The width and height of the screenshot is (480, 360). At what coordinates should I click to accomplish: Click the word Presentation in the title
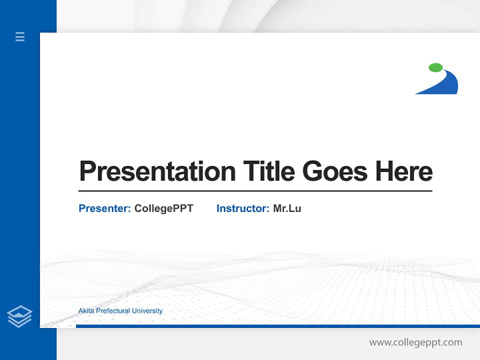coord(157,171)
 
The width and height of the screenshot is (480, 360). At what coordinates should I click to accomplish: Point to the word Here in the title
coord(404,171)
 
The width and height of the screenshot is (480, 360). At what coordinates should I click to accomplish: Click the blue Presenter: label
coord(104,208)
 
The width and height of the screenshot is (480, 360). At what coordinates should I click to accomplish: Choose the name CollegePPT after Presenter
coord(163,208)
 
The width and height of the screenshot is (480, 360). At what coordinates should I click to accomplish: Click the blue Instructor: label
coord(242,208)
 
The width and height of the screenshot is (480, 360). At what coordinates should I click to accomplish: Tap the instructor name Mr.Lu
coord(287,208)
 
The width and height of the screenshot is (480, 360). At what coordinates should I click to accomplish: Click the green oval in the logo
coord(435,67)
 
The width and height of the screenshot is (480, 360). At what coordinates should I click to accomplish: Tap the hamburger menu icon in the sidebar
coord(20,36)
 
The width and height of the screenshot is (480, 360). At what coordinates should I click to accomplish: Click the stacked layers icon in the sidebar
coord(19,316)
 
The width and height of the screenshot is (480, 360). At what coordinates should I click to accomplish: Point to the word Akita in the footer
coord(86,311)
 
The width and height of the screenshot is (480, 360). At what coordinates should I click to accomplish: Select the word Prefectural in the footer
coord(112,311)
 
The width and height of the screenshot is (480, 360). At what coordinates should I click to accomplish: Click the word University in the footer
coord(146,311)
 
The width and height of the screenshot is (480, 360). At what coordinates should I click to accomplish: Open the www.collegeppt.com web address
coord(415,342)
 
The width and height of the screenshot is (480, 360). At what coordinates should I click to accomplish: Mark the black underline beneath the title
coord(255,190)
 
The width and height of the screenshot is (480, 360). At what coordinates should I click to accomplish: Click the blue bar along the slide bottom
coord(275,326)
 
